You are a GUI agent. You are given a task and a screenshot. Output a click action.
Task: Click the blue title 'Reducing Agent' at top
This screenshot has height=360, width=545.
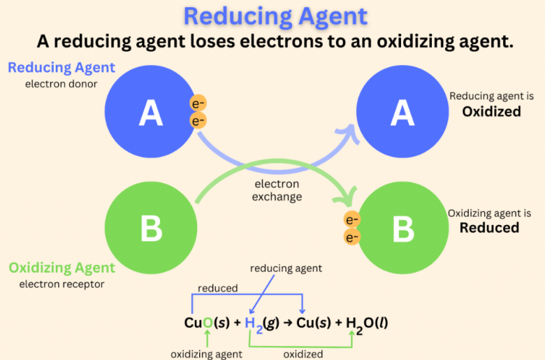click(x=272, y=15)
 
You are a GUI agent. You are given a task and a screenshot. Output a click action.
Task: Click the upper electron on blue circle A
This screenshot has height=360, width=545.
click(x=198, y=104)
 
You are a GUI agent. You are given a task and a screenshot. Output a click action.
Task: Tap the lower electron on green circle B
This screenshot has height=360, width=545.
click(x=352, y=238)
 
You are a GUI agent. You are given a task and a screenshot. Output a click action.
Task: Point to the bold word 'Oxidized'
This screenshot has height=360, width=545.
click(x=491, y=111)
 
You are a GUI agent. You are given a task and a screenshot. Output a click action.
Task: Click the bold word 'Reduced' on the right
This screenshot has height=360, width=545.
click(x=489, y=228)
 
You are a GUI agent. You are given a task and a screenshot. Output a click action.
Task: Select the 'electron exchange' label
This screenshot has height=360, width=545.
click(x=277, y=190)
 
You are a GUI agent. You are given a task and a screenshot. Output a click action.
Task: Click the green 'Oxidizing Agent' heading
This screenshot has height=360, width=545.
click(x=61, y=268)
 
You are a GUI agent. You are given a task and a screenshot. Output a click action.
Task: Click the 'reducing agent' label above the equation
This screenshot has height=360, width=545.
click(x=286, y=268)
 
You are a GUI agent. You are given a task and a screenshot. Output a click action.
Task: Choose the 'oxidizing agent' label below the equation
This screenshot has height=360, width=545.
click(x=207, y=354)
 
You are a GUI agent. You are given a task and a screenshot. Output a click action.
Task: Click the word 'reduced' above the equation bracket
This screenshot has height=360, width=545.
click(x=217, y=288)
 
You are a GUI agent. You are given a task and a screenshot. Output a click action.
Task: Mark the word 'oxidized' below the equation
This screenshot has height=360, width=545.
click(x=303, y=354)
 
